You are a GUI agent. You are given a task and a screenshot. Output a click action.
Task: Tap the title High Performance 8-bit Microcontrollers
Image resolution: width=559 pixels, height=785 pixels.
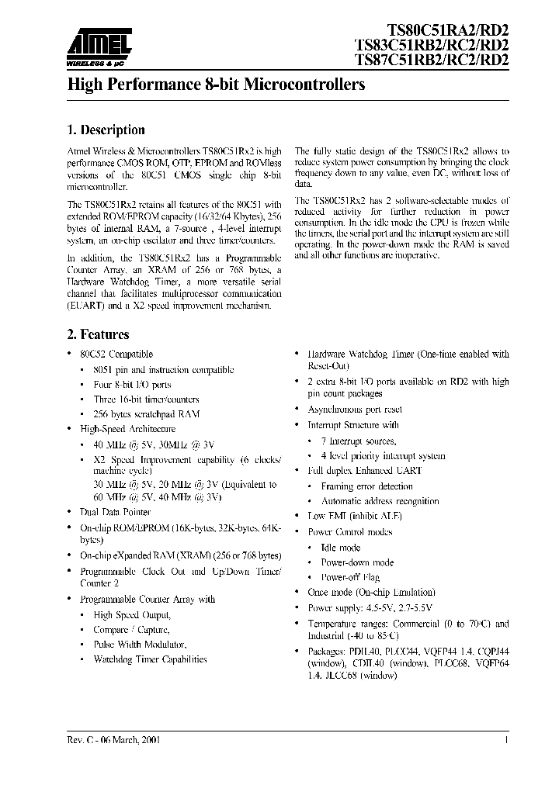tap(217, 83)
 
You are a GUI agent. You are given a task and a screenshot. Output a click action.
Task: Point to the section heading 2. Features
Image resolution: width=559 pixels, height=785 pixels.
tap(97, 335)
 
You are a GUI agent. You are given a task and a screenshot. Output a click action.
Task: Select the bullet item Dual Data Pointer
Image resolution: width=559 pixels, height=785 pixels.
tap(115, 512)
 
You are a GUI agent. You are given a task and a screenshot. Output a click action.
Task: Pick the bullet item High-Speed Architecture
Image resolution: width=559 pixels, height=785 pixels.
tap(127, 428)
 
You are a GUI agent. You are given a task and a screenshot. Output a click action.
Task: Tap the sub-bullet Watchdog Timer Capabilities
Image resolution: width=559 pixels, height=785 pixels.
tap(150, 659)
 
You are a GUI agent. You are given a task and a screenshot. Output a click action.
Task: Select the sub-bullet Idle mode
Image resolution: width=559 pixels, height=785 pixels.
tap(340, 547)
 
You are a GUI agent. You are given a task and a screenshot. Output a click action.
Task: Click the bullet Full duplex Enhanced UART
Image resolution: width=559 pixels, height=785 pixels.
tap(364, 471)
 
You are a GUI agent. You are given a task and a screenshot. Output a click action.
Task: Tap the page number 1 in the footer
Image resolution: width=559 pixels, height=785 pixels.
tap(505, 741)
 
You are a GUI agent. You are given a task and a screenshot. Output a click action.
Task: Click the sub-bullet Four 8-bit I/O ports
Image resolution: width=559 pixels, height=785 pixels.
tap(132, 384)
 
